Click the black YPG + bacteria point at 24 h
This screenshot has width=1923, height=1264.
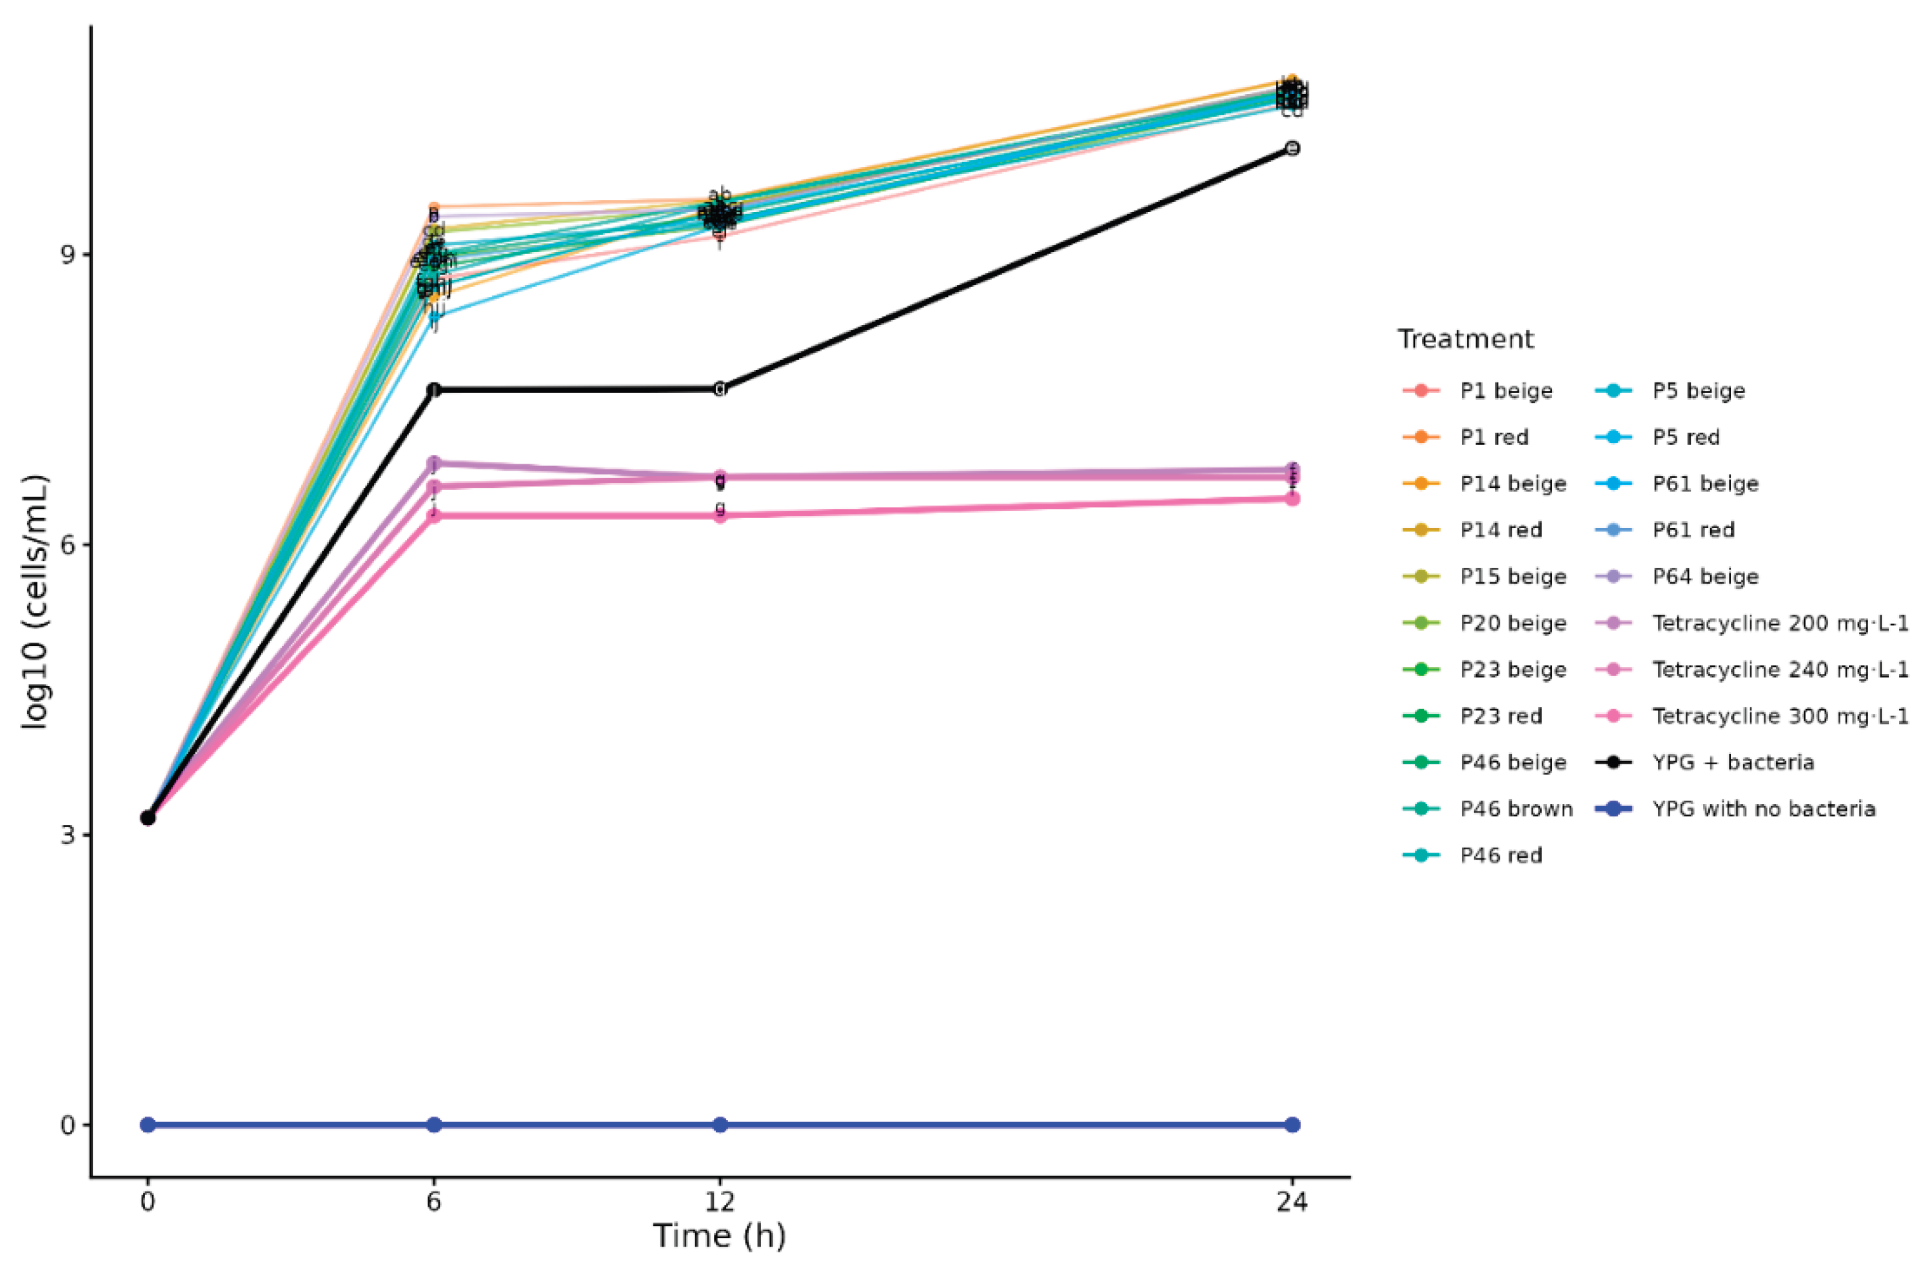coord(1292,148)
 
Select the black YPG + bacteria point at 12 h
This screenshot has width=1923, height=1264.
coord(720,389)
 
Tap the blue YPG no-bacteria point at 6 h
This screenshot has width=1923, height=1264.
coord(434,1125)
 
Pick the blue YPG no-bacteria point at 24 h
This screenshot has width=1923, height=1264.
coord(1292,1125)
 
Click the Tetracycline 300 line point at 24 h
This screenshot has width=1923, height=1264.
coord(1292,499)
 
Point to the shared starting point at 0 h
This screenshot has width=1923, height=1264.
coord(148,818)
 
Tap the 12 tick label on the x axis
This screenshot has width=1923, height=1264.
coord(720,1202)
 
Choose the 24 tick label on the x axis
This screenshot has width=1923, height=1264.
coord(1292,1202)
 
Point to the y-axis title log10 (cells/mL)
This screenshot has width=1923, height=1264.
coord(35,602)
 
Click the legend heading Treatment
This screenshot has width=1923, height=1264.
coord(1465,339)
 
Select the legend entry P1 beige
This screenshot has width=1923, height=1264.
coord(1506,391)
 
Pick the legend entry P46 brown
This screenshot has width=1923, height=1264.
coord(1516,809)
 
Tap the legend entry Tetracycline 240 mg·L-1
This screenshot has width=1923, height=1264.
coord(1780,670)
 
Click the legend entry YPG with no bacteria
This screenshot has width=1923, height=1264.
coord(1763,809)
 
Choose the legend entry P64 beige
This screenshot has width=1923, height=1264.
coord(1705,577)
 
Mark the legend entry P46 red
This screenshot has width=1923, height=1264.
coord(1501,856)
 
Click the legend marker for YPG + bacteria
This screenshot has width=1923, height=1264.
coord(1614,762)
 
